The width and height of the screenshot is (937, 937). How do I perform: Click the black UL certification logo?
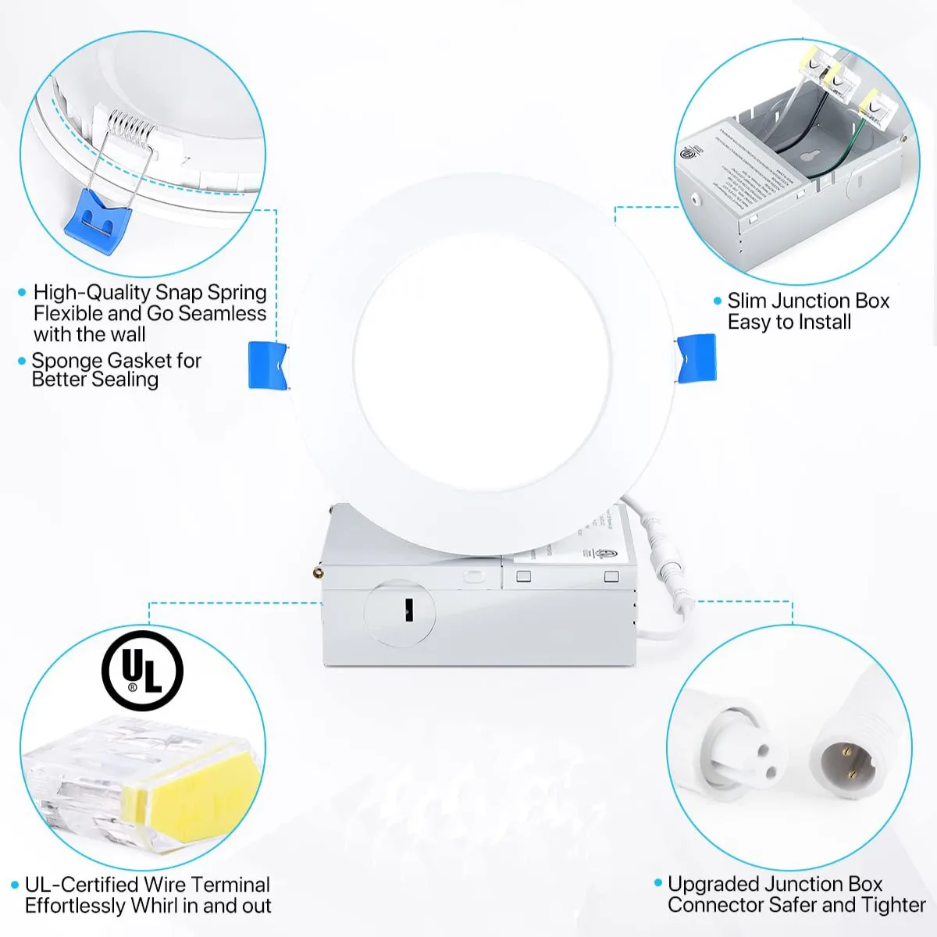(x=142, y=672)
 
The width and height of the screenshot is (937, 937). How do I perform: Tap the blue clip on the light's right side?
(x=696, y=358)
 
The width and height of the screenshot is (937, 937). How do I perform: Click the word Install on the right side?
(x=820, y=322)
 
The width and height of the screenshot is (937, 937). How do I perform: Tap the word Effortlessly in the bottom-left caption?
(x=75, y=906)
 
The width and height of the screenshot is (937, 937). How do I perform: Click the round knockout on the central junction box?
(x=400, y=612)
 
